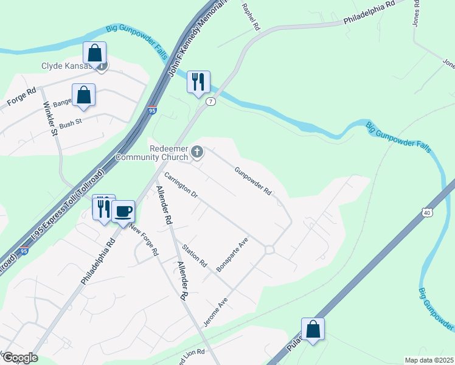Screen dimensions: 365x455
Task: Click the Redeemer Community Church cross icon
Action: tap(197, 151)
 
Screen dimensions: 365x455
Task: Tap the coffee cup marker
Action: tap(123, 211)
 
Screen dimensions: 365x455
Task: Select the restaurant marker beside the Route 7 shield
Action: tap(198, 82)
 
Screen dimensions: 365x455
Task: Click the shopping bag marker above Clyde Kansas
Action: tap(94, 52)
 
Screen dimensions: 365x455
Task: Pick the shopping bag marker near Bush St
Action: tap(84, 95)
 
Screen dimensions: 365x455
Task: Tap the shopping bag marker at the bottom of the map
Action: tap(313, 329)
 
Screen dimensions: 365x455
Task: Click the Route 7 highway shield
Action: tap(210, 102)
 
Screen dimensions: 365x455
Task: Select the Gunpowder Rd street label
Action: tap(253, 181)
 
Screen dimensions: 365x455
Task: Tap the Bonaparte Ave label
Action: tap(237, 254)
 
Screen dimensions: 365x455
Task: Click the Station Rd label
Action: tap(195, 256)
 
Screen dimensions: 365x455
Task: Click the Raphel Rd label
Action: tap(251, 17)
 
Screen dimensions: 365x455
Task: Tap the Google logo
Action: tap(20, 358)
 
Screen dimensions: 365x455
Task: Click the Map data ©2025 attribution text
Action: tap(429, 360)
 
